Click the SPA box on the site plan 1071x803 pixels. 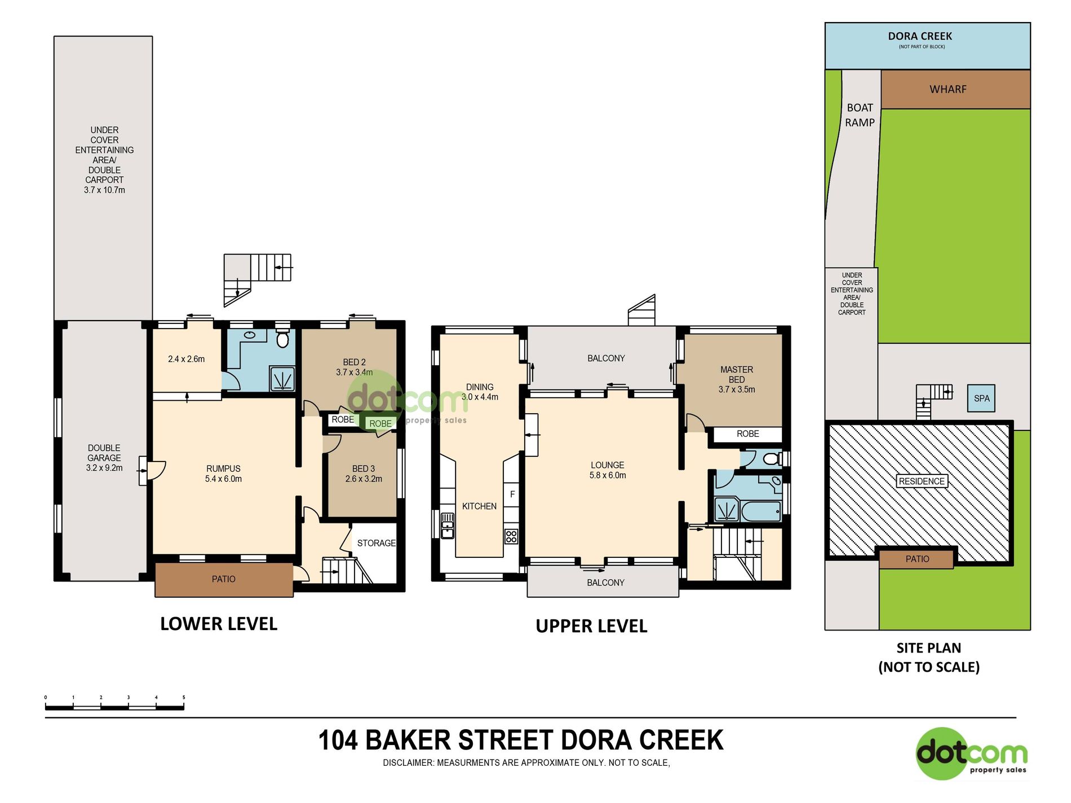pos(981,398)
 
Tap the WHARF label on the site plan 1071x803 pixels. pos(948,89)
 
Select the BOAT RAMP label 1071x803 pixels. pos(860,115)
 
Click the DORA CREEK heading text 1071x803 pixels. pos(920,36)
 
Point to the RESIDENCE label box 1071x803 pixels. pos(922,481)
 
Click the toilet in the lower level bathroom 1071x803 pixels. pos(282,339)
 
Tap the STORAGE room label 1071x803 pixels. pos(377,543)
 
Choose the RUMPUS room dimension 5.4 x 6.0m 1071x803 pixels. pos(223,479)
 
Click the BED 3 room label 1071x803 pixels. pos(364,469)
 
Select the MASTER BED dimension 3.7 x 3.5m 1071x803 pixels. pos(737,389)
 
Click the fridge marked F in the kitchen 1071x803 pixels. pos(512,495)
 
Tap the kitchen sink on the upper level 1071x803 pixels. pos(447,526)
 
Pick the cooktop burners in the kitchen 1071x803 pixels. pos(511,536)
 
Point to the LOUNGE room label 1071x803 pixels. pos(607,465)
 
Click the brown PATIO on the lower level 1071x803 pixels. pos(224,579)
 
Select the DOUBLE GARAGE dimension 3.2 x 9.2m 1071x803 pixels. pos(104,468)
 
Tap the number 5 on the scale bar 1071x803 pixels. pos(184,698)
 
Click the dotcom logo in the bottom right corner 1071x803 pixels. pos(972,754)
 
